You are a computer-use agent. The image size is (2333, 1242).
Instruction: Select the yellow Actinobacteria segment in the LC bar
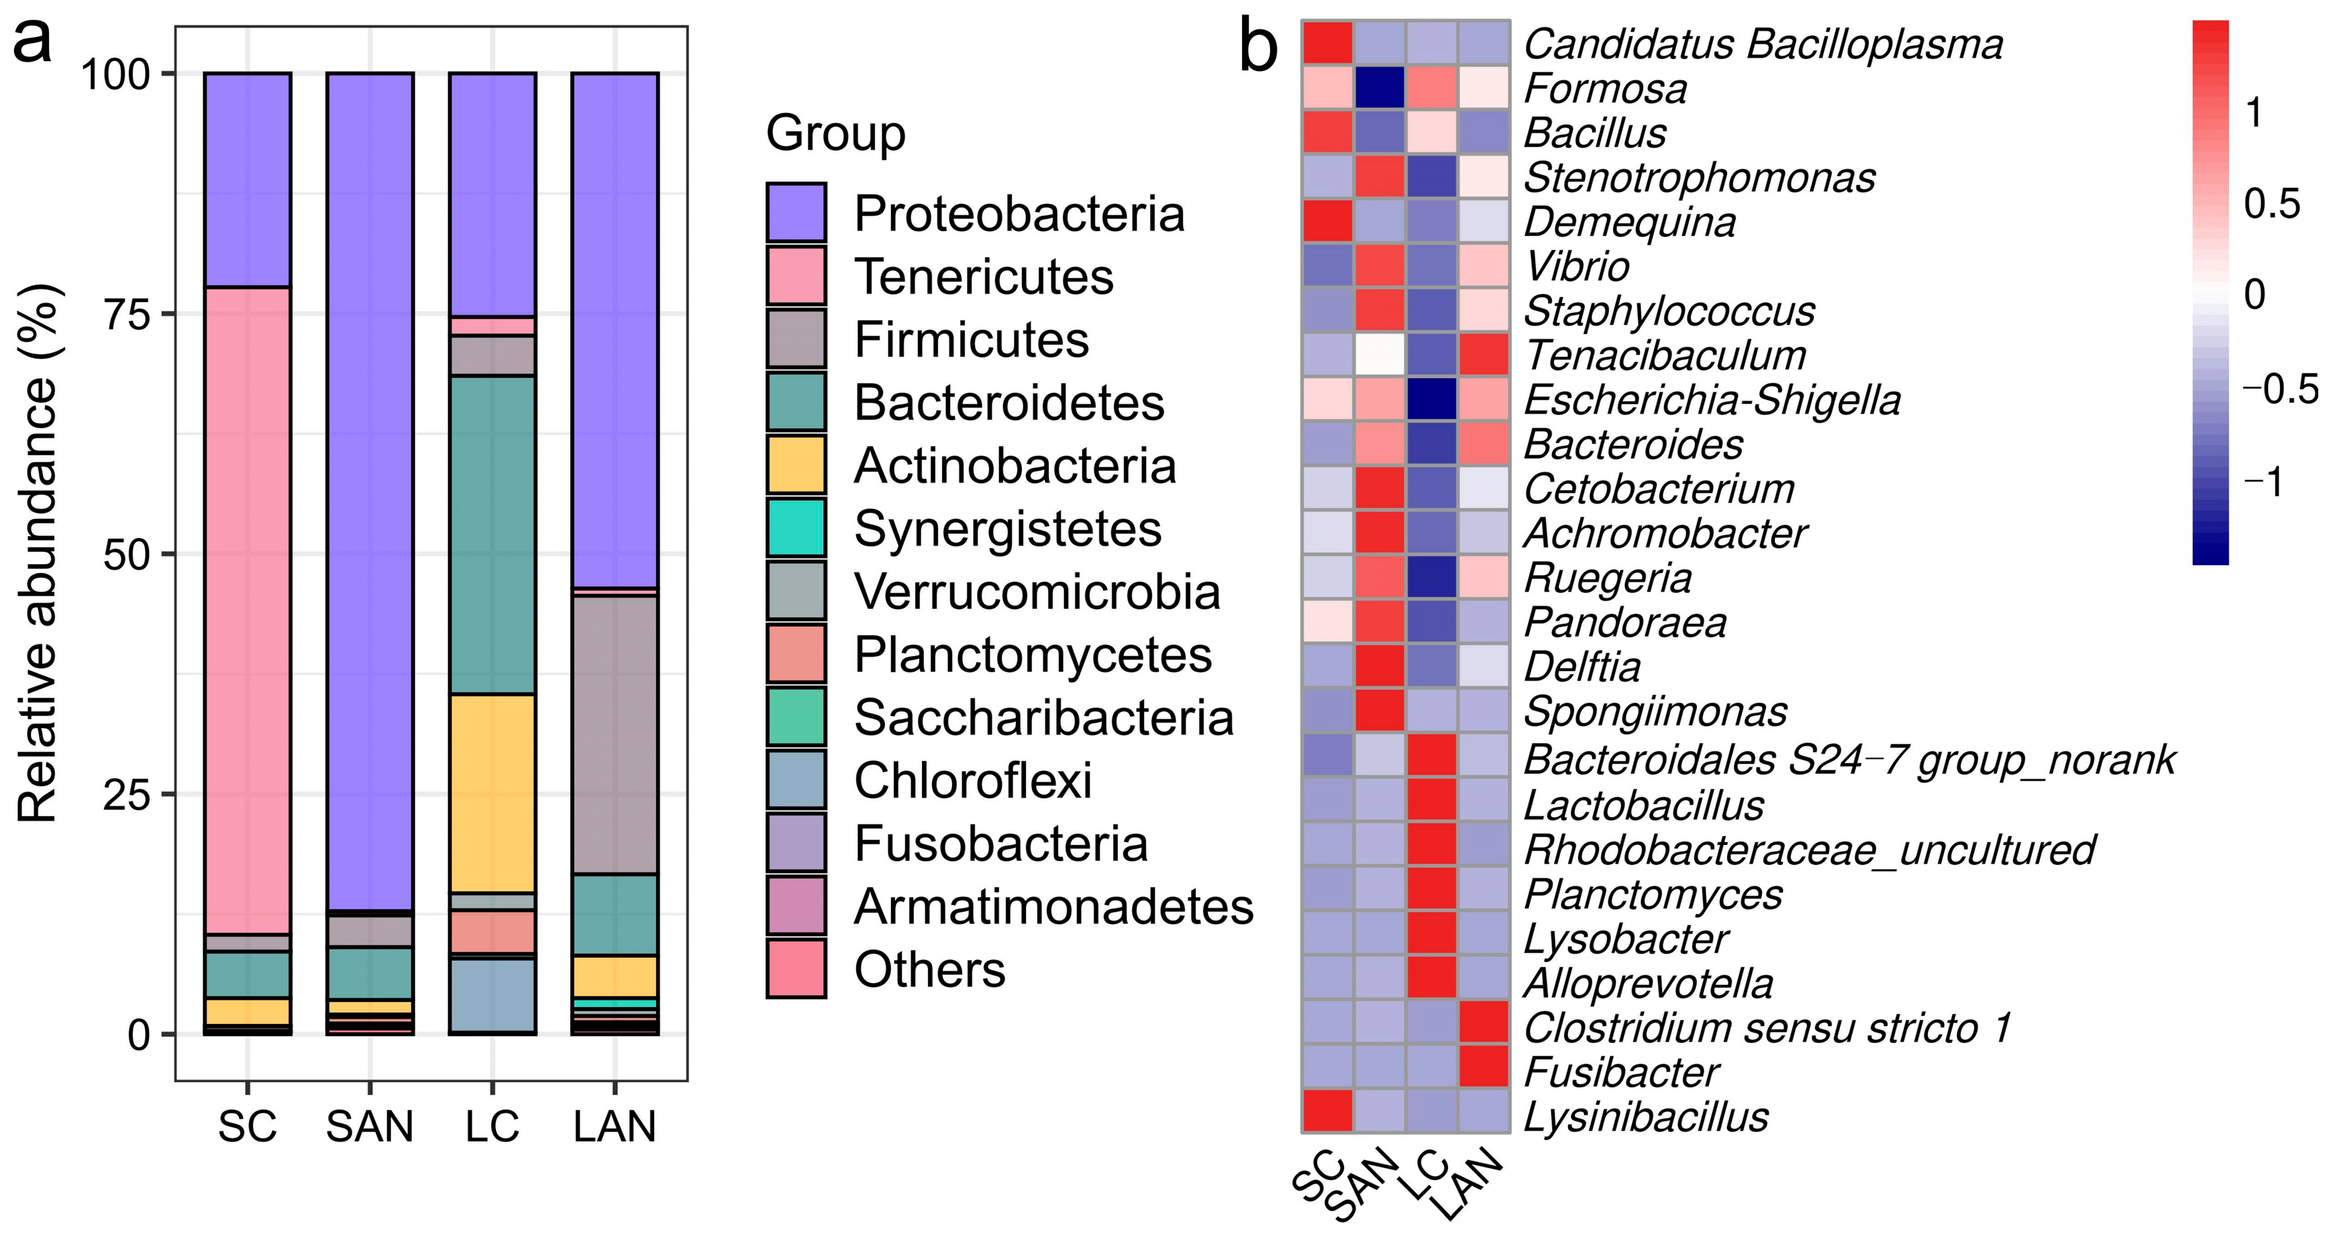[492, 792]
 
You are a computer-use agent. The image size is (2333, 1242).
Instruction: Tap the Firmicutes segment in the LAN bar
[615, 734]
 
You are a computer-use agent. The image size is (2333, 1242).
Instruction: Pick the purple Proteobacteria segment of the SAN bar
[370, 489]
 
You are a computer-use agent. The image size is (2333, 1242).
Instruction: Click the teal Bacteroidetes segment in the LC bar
[492, 535]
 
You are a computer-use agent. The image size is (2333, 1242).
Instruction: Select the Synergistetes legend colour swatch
[796, 527]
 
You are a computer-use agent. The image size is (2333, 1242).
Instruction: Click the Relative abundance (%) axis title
[38, 553]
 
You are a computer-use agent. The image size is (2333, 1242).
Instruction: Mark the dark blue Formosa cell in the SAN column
[1380, 88]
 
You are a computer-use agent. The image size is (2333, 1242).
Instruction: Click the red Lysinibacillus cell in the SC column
[1328, 1112]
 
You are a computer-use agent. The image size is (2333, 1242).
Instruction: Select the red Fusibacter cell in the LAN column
[1484, 1067]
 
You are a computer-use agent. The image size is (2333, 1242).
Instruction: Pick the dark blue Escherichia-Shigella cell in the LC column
[1432, 399]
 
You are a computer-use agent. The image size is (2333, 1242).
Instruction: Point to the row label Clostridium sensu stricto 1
[1766, 1027]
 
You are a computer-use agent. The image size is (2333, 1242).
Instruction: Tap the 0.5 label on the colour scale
[2271, 204]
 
